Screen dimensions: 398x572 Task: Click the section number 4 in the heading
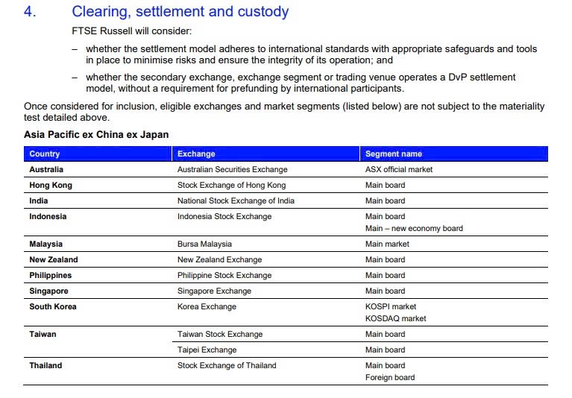(x=30, y=12)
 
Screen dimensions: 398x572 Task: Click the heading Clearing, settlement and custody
(x=180, y=12)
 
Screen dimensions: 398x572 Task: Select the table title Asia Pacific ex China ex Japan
(x=96, y=135)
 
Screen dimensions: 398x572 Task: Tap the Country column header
(x=45, y=154)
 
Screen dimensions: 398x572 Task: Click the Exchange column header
(x=196, y=154)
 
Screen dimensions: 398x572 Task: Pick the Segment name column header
(x=393, y=154)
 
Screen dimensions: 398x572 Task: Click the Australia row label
(x=46, y=169)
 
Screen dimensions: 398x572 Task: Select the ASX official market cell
(x=398, y=169)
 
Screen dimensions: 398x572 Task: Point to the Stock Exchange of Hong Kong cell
(x=231, y=185)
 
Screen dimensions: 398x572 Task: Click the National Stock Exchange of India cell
(x=236, y=200)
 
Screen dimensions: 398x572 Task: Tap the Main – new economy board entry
(x=413, y=228)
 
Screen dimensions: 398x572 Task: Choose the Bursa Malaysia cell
(x=204, y=244)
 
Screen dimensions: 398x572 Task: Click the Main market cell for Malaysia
(x=387, y=244)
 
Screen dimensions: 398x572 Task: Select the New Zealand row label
(x=54, y=259)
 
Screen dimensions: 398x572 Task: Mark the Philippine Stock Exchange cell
(x=224, y=275)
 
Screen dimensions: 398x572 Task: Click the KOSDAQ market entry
(x=395, y=318)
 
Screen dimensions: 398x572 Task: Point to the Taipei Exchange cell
(x=207, y=350)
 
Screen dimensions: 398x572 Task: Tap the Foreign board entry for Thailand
(x=390, y=377)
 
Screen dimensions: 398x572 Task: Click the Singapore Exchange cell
(x=214, y=291)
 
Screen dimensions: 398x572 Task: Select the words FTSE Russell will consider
(x=128, y=31)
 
